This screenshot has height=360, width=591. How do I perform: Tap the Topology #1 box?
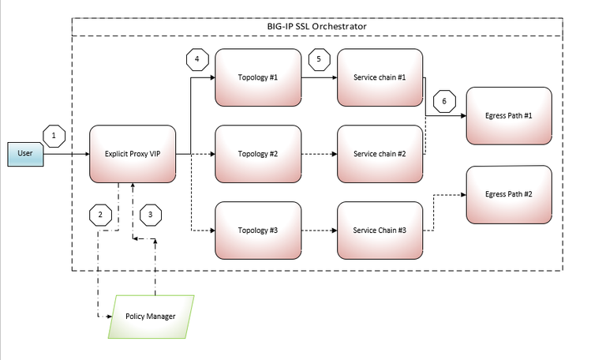coord(258,78)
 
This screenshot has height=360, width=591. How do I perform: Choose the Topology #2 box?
coord(258,154)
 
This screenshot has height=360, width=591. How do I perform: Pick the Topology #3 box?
coord(258,231)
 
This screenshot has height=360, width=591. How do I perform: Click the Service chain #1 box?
coord(380,78)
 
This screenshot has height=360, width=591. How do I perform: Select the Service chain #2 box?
coord(380,154)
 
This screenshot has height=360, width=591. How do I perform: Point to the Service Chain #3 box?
coord(380,231)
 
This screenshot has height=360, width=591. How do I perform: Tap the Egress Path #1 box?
coord(509,116)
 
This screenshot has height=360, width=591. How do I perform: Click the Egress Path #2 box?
coord(509,193)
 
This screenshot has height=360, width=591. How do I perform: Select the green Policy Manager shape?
coord(151,317)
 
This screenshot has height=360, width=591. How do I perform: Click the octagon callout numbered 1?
coord(54,136)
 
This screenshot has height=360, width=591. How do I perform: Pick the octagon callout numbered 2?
coord(100,214)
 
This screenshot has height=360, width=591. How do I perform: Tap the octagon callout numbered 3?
coord(150,214)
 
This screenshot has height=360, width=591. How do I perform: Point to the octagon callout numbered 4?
coord(197,59)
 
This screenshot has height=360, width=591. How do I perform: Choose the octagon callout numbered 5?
coord(319,59)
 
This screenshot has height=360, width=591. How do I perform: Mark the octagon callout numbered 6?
coord(444,101)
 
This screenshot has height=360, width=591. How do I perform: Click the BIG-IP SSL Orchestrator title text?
coord(316,26)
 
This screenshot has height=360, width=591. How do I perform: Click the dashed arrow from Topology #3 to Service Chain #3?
coord(319,231)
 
